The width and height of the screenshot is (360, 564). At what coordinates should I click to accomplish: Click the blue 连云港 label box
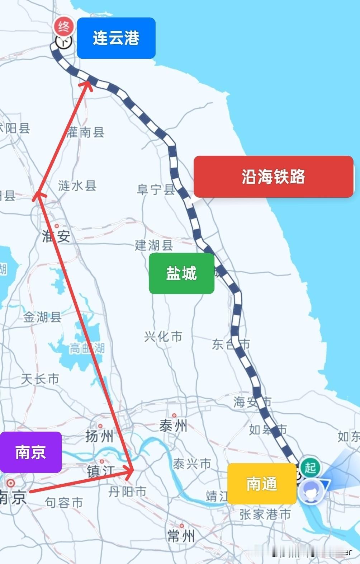[x=116, y=38]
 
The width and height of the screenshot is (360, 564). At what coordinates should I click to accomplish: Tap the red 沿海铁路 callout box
[x=273, y=177]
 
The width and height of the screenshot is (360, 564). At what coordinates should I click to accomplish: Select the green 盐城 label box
[x=181, y=273]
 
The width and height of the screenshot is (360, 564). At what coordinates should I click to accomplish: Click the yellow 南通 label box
[x=262, y=484]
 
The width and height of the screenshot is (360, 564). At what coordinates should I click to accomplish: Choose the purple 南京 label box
[x=30, y=452]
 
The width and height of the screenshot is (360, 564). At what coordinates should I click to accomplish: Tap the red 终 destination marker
[x=64, y=27]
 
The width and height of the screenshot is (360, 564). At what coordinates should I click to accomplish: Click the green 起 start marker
[x=310, y=467]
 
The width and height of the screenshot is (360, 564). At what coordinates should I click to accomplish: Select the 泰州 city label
[x=173, y=426]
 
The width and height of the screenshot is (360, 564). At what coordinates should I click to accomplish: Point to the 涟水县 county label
[x=77, y=185]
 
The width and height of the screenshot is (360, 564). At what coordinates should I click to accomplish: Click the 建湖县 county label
[x=154, y=245]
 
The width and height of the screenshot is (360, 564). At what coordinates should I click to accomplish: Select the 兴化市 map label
[x=163, y=337]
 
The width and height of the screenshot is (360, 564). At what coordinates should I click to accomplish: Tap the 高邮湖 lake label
[x=87, y=348]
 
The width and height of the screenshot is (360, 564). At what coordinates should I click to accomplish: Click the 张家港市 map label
[x=265, y=514]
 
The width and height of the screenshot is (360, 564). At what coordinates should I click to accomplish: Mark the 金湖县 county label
[x=42, y=317]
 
